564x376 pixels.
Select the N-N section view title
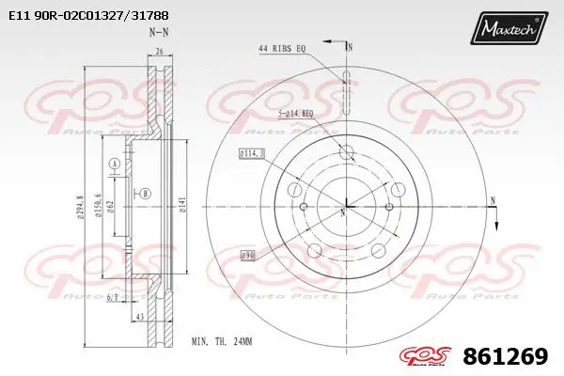[158, 33]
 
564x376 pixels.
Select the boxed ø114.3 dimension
[252, 152]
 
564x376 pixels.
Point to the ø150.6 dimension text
[99, 199]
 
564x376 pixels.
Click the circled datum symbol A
[115, 164]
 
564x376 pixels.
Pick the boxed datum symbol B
[146, 193]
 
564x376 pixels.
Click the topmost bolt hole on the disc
[345, 152]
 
